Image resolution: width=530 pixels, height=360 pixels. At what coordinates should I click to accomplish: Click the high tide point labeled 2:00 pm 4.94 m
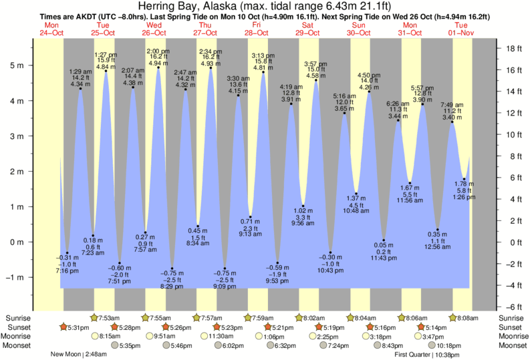158,67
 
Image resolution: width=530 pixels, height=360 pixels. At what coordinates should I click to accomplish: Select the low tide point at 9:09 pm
225,268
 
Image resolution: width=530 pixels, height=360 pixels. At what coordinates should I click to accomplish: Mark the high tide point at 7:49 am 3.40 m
452,122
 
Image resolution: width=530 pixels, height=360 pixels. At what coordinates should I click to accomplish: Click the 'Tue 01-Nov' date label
461,28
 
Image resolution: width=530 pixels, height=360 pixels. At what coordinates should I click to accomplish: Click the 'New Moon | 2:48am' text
79,355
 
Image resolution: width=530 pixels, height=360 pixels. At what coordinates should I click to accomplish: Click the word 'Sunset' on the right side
512,327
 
